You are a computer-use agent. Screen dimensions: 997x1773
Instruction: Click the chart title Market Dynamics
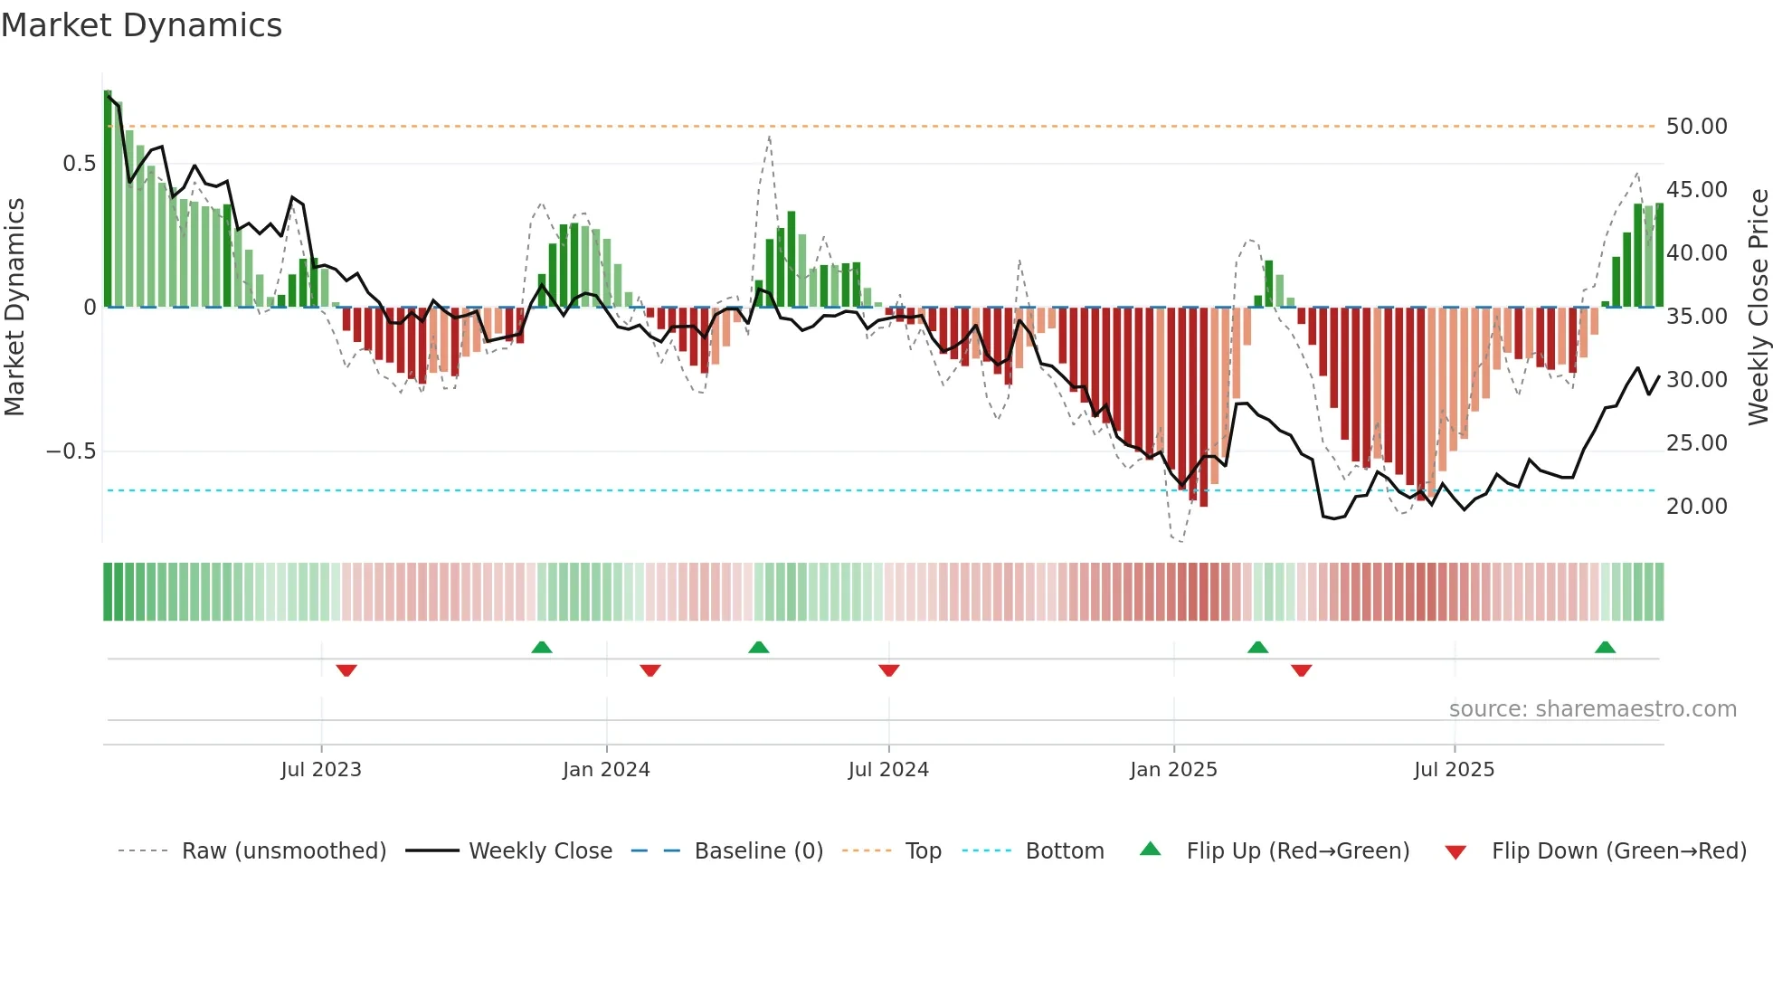[x=142, y=25]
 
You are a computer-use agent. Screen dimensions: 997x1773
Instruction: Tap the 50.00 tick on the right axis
[x=1696, y=127]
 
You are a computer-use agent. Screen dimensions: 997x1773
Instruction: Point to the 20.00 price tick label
[x=1696, y=507]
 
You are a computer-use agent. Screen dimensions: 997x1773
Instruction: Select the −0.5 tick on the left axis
[x=71, y=451]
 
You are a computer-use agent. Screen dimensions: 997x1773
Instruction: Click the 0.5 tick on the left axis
[x=79, y=164]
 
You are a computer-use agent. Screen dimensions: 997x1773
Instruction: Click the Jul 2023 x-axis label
[x=321, y=770]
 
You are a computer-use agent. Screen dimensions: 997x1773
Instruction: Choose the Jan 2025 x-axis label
[x=1173, y=770]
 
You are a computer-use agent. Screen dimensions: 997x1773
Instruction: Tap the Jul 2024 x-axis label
[x=888, y=770]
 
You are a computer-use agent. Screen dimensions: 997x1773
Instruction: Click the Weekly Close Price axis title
[x=1758, y=308]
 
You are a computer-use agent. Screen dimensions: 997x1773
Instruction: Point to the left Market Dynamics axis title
[x=14, y=308]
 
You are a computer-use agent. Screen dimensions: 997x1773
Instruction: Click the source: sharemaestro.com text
[x=1592, y=709]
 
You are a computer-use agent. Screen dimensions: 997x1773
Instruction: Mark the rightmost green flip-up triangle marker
[x=1606, y=648]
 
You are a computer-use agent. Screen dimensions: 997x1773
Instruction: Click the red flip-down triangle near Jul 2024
[x=888, y=670]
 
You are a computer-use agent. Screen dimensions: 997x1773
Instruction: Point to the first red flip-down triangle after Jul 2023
[x=346, y=670]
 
